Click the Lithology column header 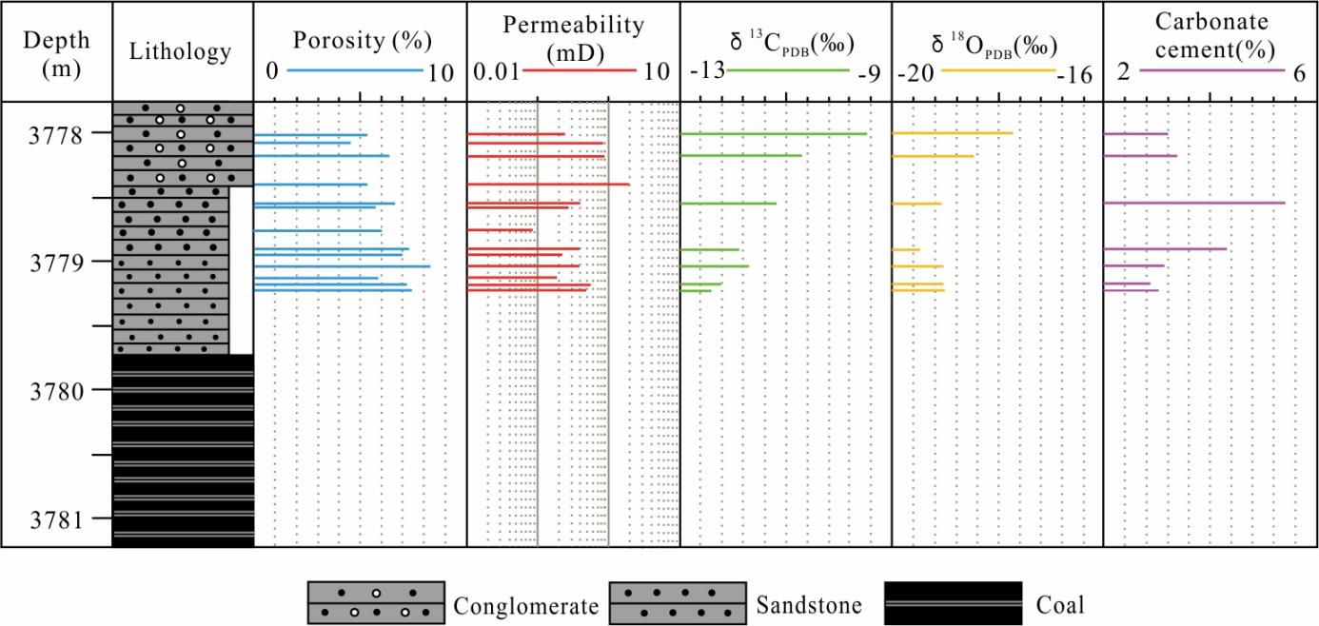tap(180, 51)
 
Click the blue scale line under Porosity tap(354, 70)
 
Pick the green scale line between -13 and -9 tap(786, 70)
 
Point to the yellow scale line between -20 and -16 tap(997, 70)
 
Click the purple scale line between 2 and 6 tap(1211, 70)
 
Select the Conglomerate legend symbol tap(376, 603)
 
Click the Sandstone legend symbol tap(677, 603)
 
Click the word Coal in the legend tap(1059, 604)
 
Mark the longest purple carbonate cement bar tap(1194, 203)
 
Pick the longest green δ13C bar tap(774, 134)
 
